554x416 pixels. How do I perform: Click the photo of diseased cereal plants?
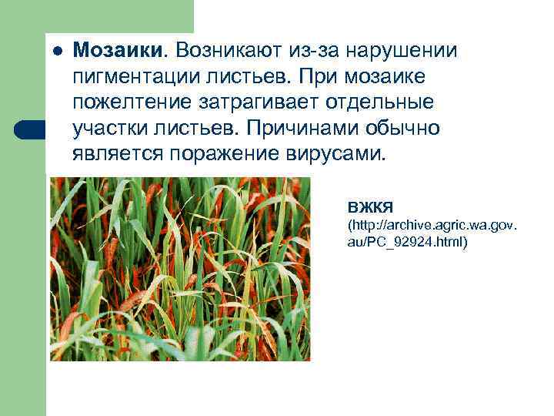pyautogui.click(x=180, y=269)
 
